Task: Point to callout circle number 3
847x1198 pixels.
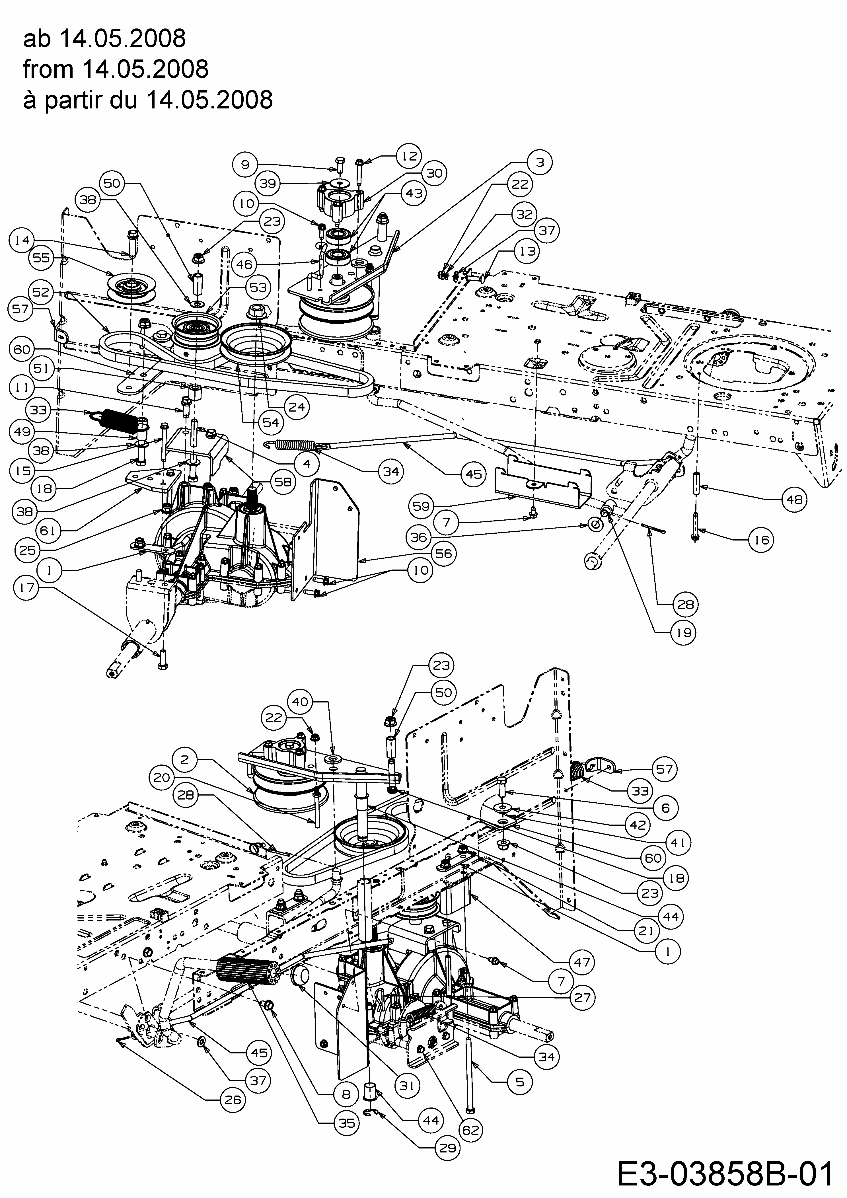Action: [540, 162]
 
